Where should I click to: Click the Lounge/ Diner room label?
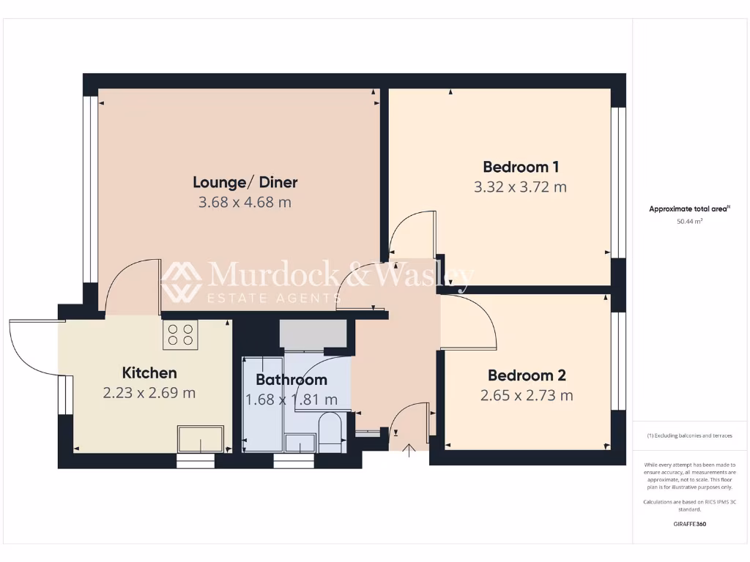(245, 182)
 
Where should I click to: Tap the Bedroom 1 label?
(521, 166)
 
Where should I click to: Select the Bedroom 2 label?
(527, 376)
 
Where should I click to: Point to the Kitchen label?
(149, 373)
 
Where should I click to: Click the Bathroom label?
(291, 380)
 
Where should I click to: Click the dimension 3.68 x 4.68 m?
(245, 202)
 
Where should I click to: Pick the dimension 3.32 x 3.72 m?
(521, 187)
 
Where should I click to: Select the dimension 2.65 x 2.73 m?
(527, 396)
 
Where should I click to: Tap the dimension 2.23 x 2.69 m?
(149, 393)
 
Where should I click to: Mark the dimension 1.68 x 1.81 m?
(291, 400)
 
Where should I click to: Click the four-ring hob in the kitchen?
(180, 334)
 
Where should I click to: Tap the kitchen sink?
(199, 439)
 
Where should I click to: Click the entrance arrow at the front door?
(409, 449)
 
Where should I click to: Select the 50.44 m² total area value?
(689, 220)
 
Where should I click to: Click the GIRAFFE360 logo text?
(689, 524)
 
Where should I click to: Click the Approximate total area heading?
(689, 209)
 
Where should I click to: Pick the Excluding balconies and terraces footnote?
(689, 435)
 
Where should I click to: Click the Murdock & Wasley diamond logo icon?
(181, 281)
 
